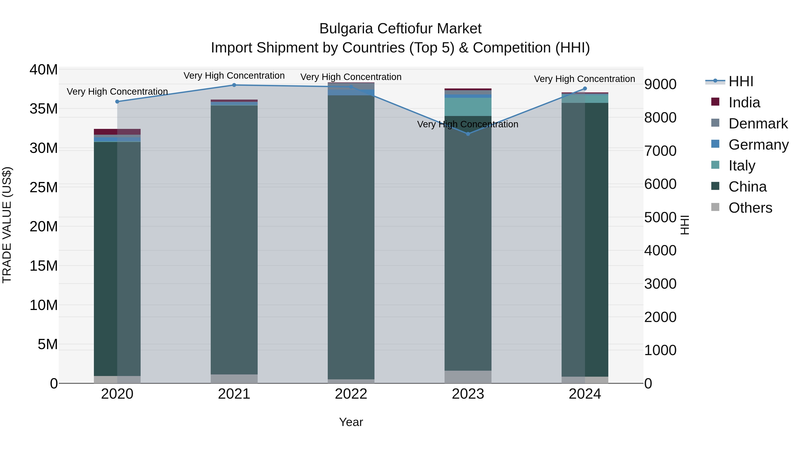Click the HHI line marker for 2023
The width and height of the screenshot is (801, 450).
(x=468, y=134)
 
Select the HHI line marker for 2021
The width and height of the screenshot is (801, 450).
(x=234, y=85)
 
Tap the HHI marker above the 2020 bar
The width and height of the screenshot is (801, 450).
(x=117, y=102)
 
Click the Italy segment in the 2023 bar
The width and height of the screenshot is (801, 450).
(x=468, y=107)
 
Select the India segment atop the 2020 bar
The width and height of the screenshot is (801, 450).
(x=117, y=132)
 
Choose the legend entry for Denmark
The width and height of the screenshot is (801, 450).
(x=758, y=124)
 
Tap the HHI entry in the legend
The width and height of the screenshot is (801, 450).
(x=741, y=81)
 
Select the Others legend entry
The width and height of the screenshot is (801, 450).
(x=750, y=208)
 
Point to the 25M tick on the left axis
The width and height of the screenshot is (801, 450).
(x=44, y=187)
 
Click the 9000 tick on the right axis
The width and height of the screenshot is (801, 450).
(x=660, y=84)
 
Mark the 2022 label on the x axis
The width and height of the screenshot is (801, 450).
(x=351, y=394)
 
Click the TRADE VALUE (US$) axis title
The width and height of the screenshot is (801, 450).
(x=7, y=225)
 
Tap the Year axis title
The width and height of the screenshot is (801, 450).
(x=351, y=422)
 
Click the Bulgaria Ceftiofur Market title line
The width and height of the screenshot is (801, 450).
(x=400, y=29)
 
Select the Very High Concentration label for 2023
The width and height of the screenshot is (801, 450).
(x=468, y=124)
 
